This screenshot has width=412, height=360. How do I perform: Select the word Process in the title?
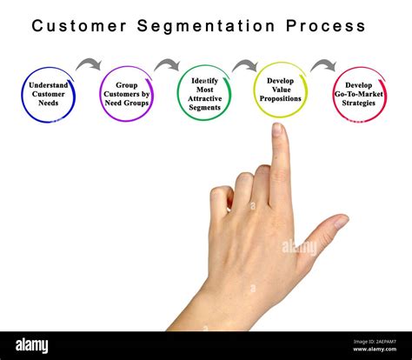click(321, 25)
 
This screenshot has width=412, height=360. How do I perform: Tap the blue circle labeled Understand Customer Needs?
click(48, 94)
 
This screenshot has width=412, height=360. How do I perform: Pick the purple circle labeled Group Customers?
click(126, 94)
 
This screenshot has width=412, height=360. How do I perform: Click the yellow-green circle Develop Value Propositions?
click(281, 90)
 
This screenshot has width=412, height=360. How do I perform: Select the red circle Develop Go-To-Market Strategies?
click(358, 94)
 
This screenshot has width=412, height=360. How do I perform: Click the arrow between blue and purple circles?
click(89, 64)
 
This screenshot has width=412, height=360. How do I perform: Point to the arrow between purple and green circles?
click(166, 64)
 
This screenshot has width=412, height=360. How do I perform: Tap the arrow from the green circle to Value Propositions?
click(244, 65)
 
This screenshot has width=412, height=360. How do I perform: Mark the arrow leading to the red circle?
click(323, 64)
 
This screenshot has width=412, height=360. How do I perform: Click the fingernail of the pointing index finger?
click(277, 130)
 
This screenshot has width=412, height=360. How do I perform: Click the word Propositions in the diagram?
click(281, 99)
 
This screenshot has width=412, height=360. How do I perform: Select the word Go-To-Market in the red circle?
click(358, 94)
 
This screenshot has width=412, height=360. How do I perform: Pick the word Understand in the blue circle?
click(48, 84)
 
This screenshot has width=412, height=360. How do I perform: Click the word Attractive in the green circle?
click(204, 102)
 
